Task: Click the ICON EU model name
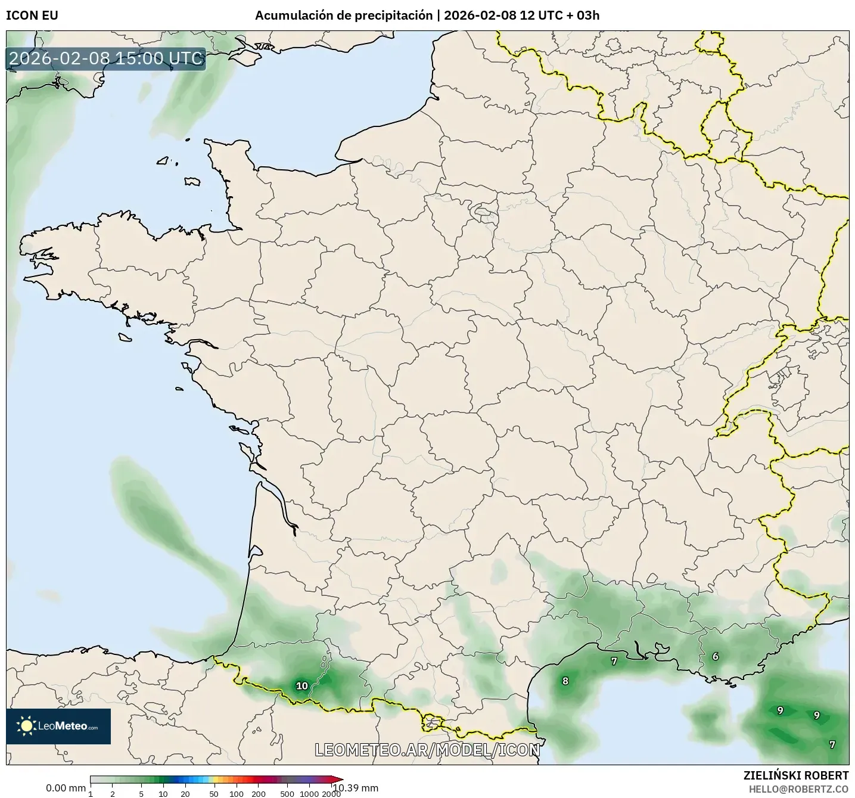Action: tap(32, 15)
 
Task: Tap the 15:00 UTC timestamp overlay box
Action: tap(106, 58)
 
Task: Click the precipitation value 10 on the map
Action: tap(302, 686)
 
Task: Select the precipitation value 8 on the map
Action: tap(565, 681)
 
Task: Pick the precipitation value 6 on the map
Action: tap(716, 657)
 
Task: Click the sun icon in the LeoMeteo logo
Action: tap(26, 726)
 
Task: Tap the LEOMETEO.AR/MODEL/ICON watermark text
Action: tap(427, 750)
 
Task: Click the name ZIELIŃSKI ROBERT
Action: tap(796, 775)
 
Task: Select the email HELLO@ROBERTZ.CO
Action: tap(798, 788)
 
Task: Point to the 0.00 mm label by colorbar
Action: tap(66, 788)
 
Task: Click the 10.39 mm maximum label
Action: tap(356, 788)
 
